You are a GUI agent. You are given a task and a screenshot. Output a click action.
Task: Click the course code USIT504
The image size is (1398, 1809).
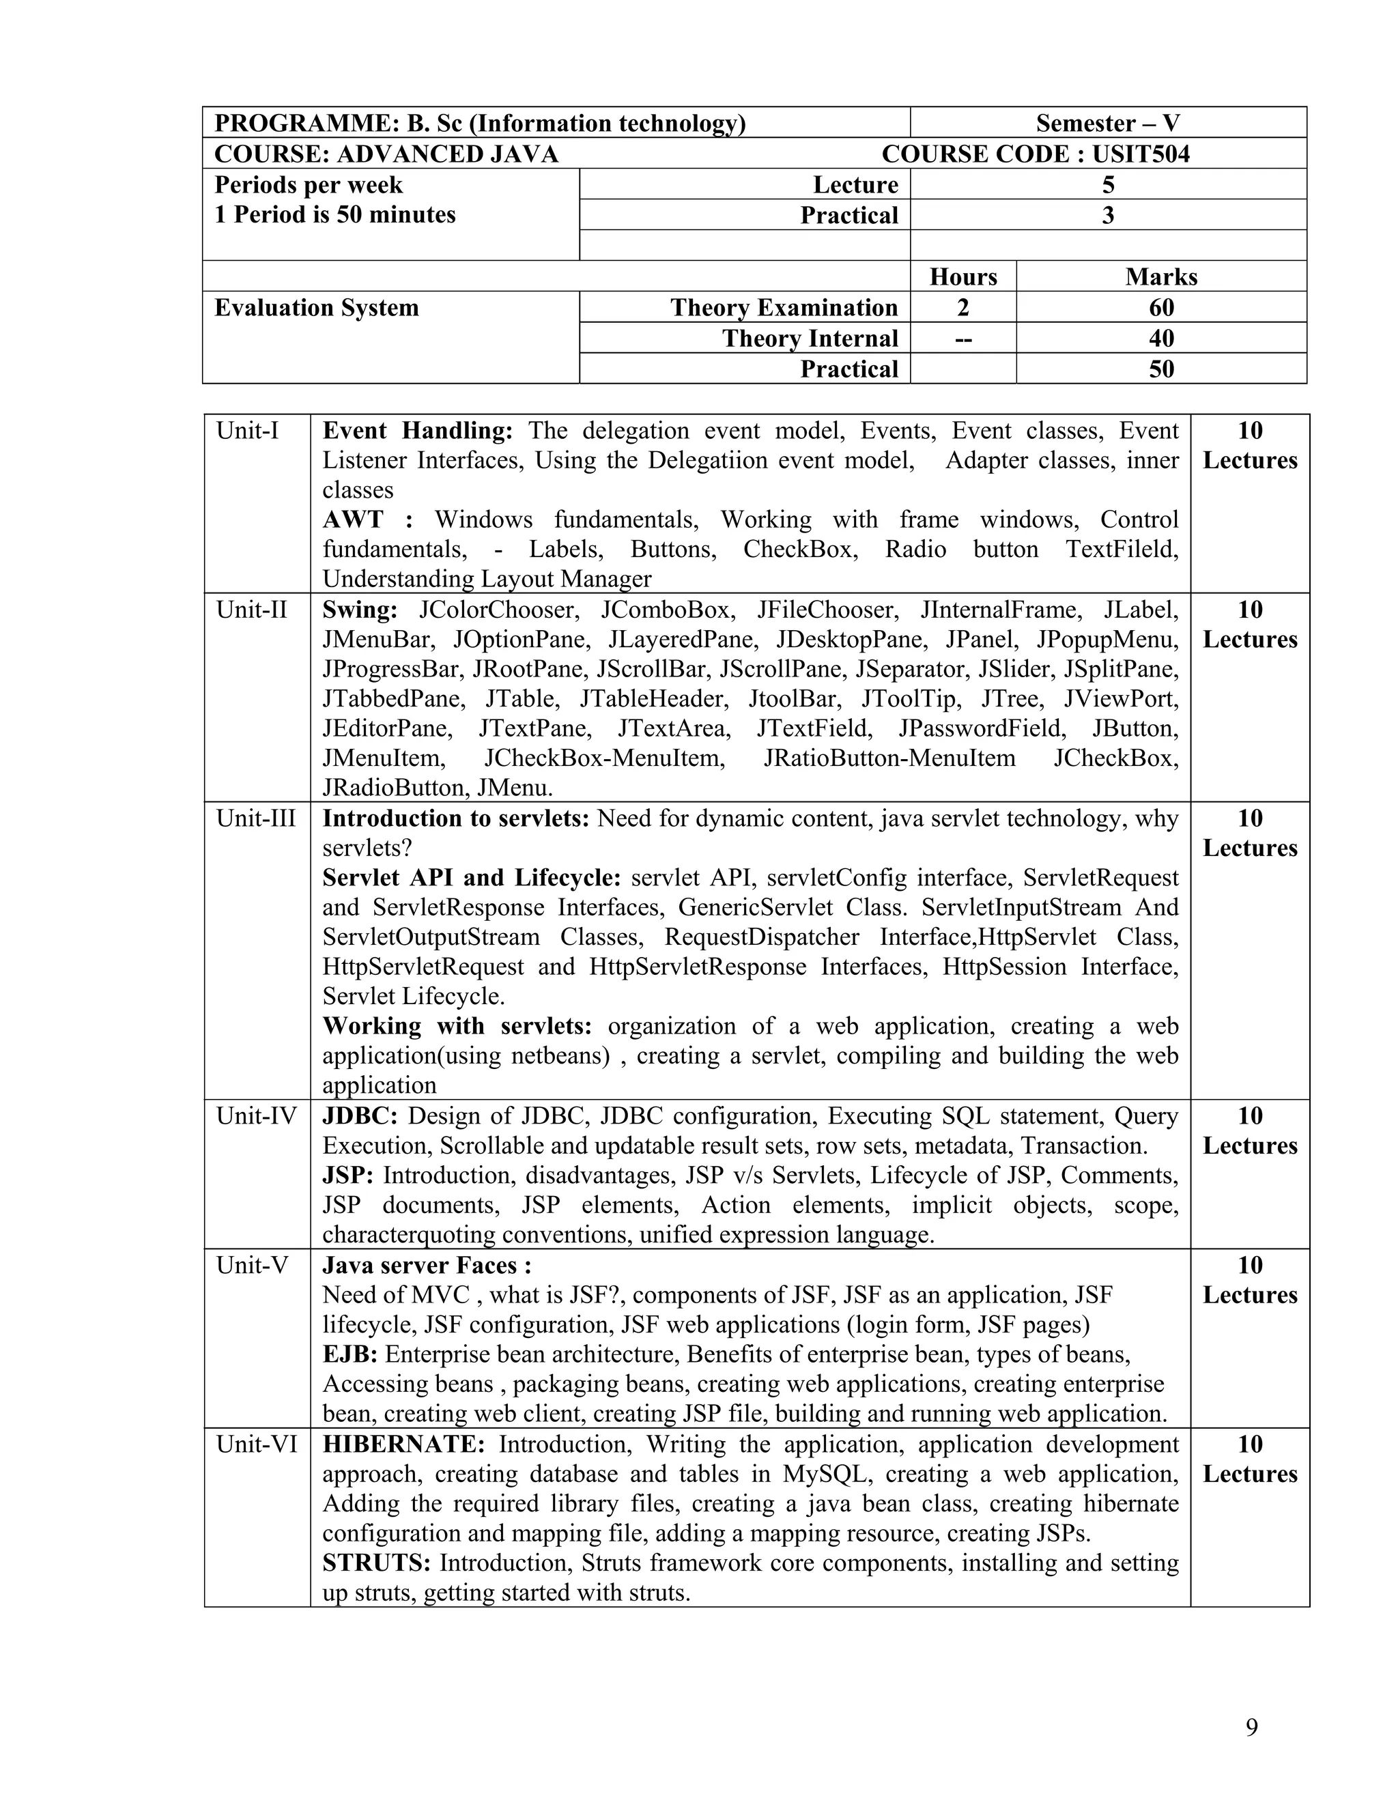1141,154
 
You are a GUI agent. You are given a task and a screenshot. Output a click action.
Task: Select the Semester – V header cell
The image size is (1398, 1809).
1107,124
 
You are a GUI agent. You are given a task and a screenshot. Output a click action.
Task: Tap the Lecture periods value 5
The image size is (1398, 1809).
1108,185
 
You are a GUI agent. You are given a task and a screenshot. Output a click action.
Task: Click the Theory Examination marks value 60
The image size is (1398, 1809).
1161,307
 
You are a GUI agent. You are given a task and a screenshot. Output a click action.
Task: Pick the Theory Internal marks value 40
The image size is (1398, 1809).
1161,338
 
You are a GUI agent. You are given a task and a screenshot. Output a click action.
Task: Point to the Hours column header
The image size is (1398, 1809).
963,276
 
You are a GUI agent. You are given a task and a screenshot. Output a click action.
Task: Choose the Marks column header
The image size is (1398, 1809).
1161,276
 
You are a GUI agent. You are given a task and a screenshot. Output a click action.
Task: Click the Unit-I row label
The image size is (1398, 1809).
248,431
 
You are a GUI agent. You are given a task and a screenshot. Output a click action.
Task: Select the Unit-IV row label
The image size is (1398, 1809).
256,1115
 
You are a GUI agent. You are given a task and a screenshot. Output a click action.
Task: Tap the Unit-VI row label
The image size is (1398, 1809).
256,1444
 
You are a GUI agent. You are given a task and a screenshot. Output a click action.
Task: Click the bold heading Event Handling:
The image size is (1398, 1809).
417,431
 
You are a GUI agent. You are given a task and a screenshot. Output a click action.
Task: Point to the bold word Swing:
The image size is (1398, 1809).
360,610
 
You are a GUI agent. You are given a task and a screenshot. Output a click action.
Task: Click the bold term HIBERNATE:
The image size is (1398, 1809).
403,1444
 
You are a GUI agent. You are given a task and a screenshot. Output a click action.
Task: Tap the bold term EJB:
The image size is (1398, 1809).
349,1354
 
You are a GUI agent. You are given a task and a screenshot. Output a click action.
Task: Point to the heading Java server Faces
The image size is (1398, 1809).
426,1265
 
